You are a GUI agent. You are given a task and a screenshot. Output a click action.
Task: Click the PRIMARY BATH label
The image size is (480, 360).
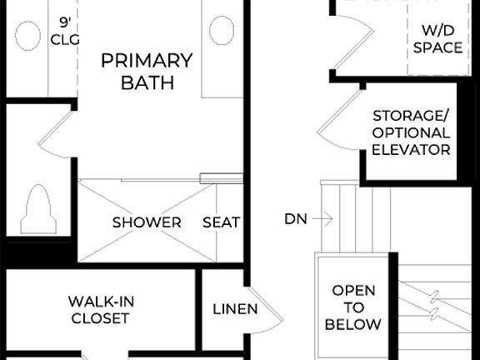(x=147, y=71)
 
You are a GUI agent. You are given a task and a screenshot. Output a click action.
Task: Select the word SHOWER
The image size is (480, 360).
(x=147, y=222)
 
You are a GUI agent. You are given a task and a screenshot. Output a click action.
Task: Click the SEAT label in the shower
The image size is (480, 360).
(x=222, y=222)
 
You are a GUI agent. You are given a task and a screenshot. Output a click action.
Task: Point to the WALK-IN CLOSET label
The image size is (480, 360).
(x=100, y=309)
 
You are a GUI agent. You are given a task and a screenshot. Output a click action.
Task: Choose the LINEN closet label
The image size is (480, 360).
(x=235, y=309)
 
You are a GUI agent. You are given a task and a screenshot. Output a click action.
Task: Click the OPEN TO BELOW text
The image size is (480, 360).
(x=354, y=307)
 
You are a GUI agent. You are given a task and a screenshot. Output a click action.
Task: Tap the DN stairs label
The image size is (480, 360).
(x=295, y=219)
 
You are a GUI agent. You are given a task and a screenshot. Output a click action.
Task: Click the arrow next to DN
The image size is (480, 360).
(x=323, y=219)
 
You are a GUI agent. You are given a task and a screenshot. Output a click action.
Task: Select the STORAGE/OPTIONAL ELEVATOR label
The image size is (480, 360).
(x=412, y=132)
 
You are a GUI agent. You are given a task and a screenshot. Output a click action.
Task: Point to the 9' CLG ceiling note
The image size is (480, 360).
(x=63, y=30)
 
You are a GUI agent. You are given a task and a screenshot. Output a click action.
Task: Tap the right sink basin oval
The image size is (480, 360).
(x=222, y=31)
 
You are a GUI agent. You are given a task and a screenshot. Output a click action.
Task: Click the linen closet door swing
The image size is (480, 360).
(x=268, y=308)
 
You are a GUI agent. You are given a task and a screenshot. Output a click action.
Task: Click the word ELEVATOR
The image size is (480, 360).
(x=412, y=150)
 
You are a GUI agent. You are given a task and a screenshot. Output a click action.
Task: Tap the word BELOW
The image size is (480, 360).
(x=354, y=324)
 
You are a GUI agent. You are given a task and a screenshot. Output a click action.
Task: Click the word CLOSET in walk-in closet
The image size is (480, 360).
(x=100, y=318)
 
